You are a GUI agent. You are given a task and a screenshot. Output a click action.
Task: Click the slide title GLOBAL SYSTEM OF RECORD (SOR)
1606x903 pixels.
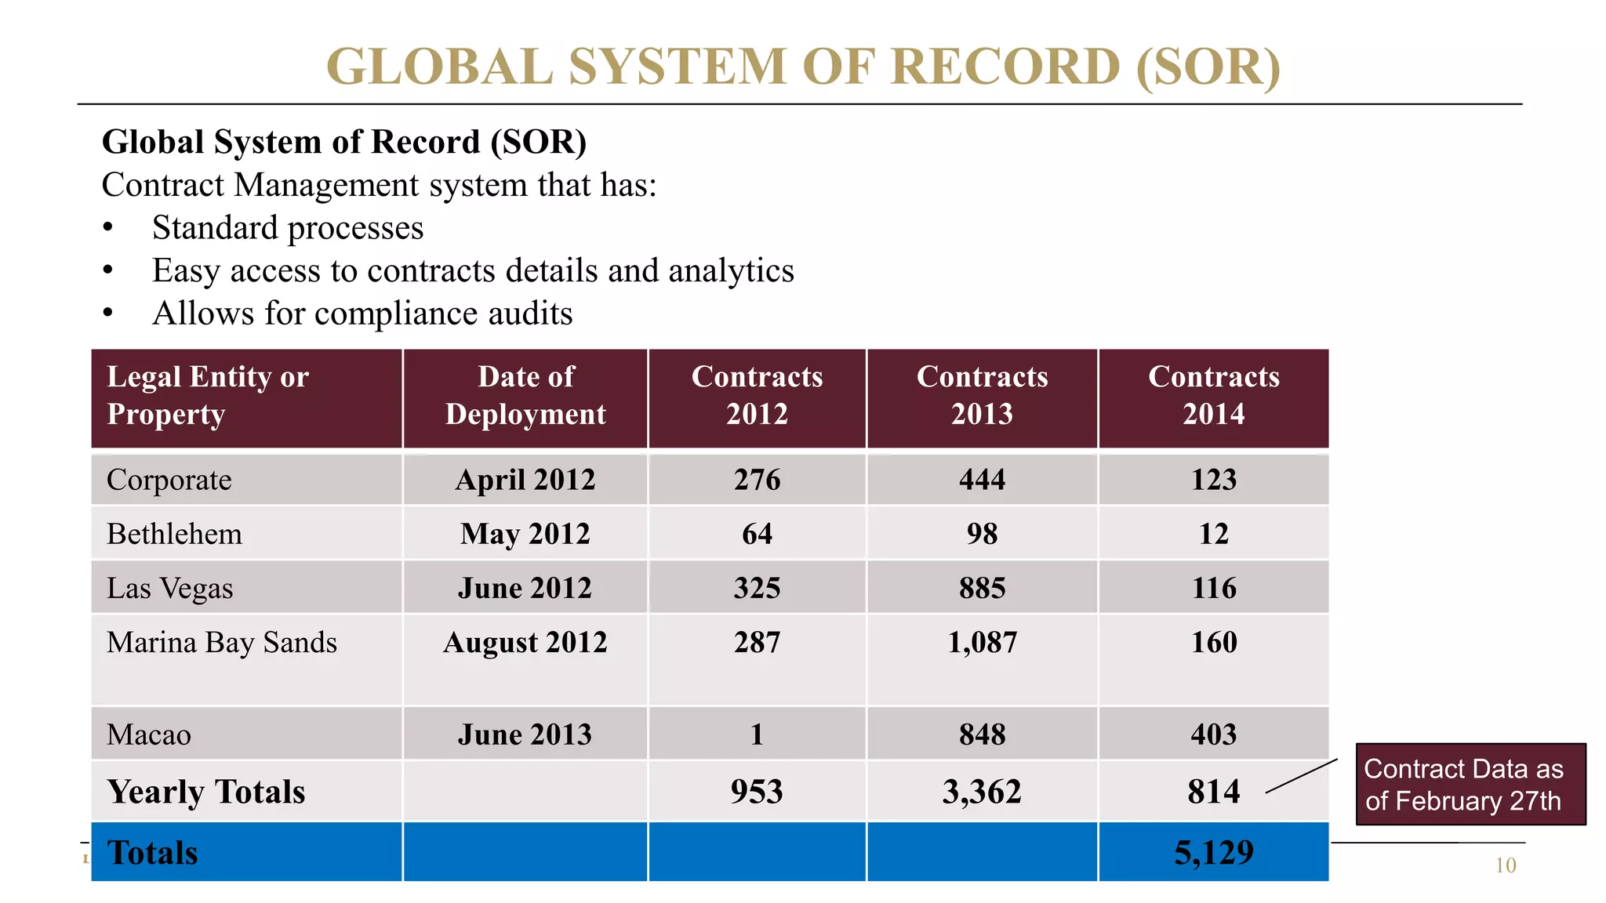click(803, 66)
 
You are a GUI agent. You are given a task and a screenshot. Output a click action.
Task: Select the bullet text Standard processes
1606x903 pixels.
click(288, 228)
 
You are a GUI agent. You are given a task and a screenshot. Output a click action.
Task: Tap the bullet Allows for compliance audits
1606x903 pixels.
click(362, 314)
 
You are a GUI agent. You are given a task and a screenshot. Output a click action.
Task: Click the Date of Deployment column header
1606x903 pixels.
click(525, 396)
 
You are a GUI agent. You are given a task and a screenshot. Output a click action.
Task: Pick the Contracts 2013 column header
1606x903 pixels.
click(982, 396)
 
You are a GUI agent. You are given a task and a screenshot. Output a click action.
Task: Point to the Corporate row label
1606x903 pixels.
click(169, 480)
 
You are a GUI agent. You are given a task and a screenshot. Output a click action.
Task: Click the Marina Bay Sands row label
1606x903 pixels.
click(222, 643)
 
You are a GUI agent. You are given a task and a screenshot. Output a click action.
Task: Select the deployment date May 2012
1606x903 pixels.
click(525, 535)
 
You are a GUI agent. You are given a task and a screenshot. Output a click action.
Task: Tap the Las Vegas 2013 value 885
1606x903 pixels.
click(982, 589)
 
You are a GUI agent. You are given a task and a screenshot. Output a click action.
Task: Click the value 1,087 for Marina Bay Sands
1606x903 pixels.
click(982, 643)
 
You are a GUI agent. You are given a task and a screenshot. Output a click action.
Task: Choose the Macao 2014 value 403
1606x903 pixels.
click(1213, 735)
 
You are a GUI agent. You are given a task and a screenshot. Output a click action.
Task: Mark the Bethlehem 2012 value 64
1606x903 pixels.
click(757, 535)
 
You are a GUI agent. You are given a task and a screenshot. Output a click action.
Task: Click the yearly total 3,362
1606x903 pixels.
click(982, 792)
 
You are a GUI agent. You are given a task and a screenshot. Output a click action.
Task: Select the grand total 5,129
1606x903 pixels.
click(1213, 853)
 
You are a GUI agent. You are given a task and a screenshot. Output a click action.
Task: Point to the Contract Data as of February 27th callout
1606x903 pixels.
click(1470, 785)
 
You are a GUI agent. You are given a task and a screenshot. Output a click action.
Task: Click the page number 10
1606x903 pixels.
click(1505, 866)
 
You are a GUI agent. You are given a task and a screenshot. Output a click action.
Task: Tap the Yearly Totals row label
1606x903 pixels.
click(206, 792)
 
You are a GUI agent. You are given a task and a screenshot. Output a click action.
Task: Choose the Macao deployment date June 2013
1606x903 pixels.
click(525, 735)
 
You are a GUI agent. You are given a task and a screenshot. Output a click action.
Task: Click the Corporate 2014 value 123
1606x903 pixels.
click(1213, 480)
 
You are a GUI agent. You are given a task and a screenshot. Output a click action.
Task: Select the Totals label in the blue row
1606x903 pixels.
click(153, 853)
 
